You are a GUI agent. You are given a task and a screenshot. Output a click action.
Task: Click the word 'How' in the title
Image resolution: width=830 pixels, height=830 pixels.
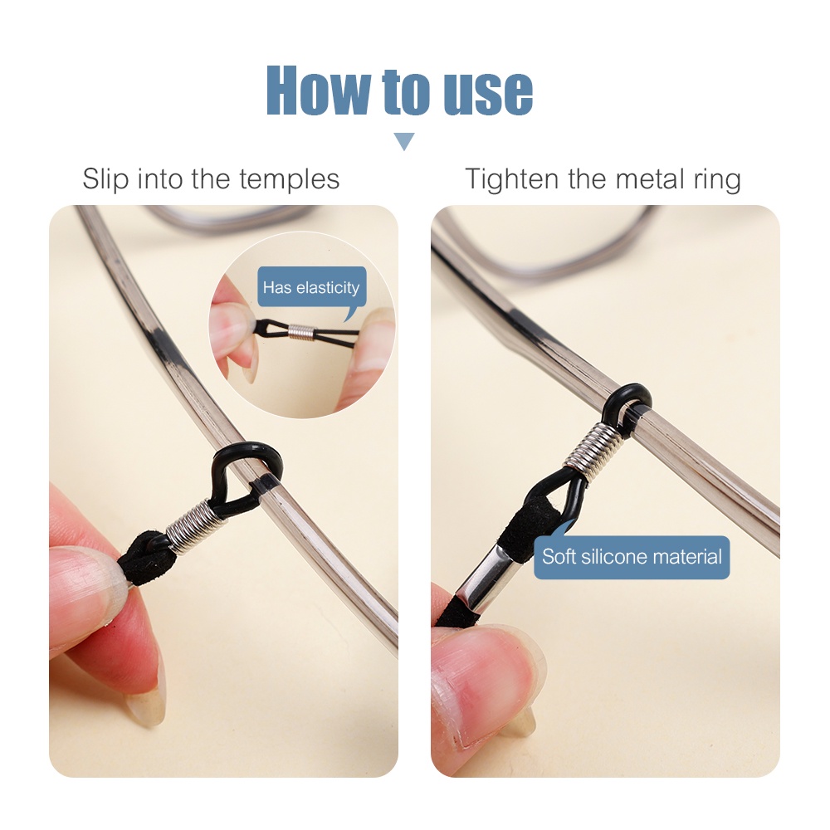(320, 90)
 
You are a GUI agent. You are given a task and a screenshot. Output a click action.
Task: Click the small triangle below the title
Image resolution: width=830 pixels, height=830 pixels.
(404, 141)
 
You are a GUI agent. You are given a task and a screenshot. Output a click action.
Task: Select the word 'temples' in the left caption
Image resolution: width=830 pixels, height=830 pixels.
(289, 179)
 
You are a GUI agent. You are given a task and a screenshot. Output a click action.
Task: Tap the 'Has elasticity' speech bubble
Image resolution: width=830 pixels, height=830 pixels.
(312, 287)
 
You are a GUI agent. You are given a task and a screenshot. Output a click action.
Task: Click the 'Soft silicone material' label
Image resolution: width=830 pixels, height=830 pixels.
(632, 557)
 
